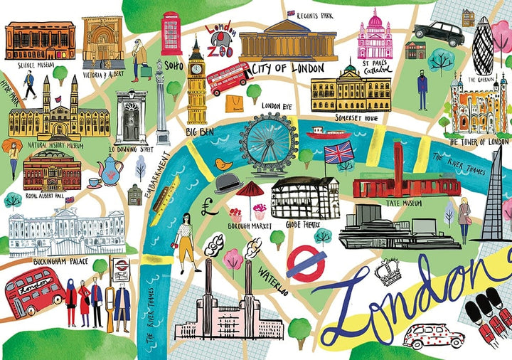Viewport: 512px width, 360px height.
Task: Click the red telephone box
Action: coord(171,33)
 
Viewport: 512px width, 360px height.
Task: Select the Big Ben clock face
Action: coord(196,68)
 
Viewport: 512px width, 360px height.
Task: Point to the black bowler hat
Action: coord(227,184)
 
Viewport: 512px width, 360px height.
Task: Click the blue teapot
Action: coord(110,169)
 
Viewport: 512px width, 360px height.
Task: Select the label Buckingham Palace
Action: coord(60,261)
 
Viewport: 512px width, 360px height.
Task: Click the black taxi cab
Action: coord(439,31)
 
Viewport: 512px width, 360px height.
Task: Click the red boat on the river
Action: coord(328,132)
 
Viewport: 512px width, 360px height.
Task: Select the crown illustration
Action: coord(388,271)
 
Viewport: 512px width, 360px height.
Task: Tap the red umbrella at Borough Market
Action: coord(250,189)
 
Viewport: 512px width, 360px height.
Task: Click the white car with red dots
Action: coord(433,334)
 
